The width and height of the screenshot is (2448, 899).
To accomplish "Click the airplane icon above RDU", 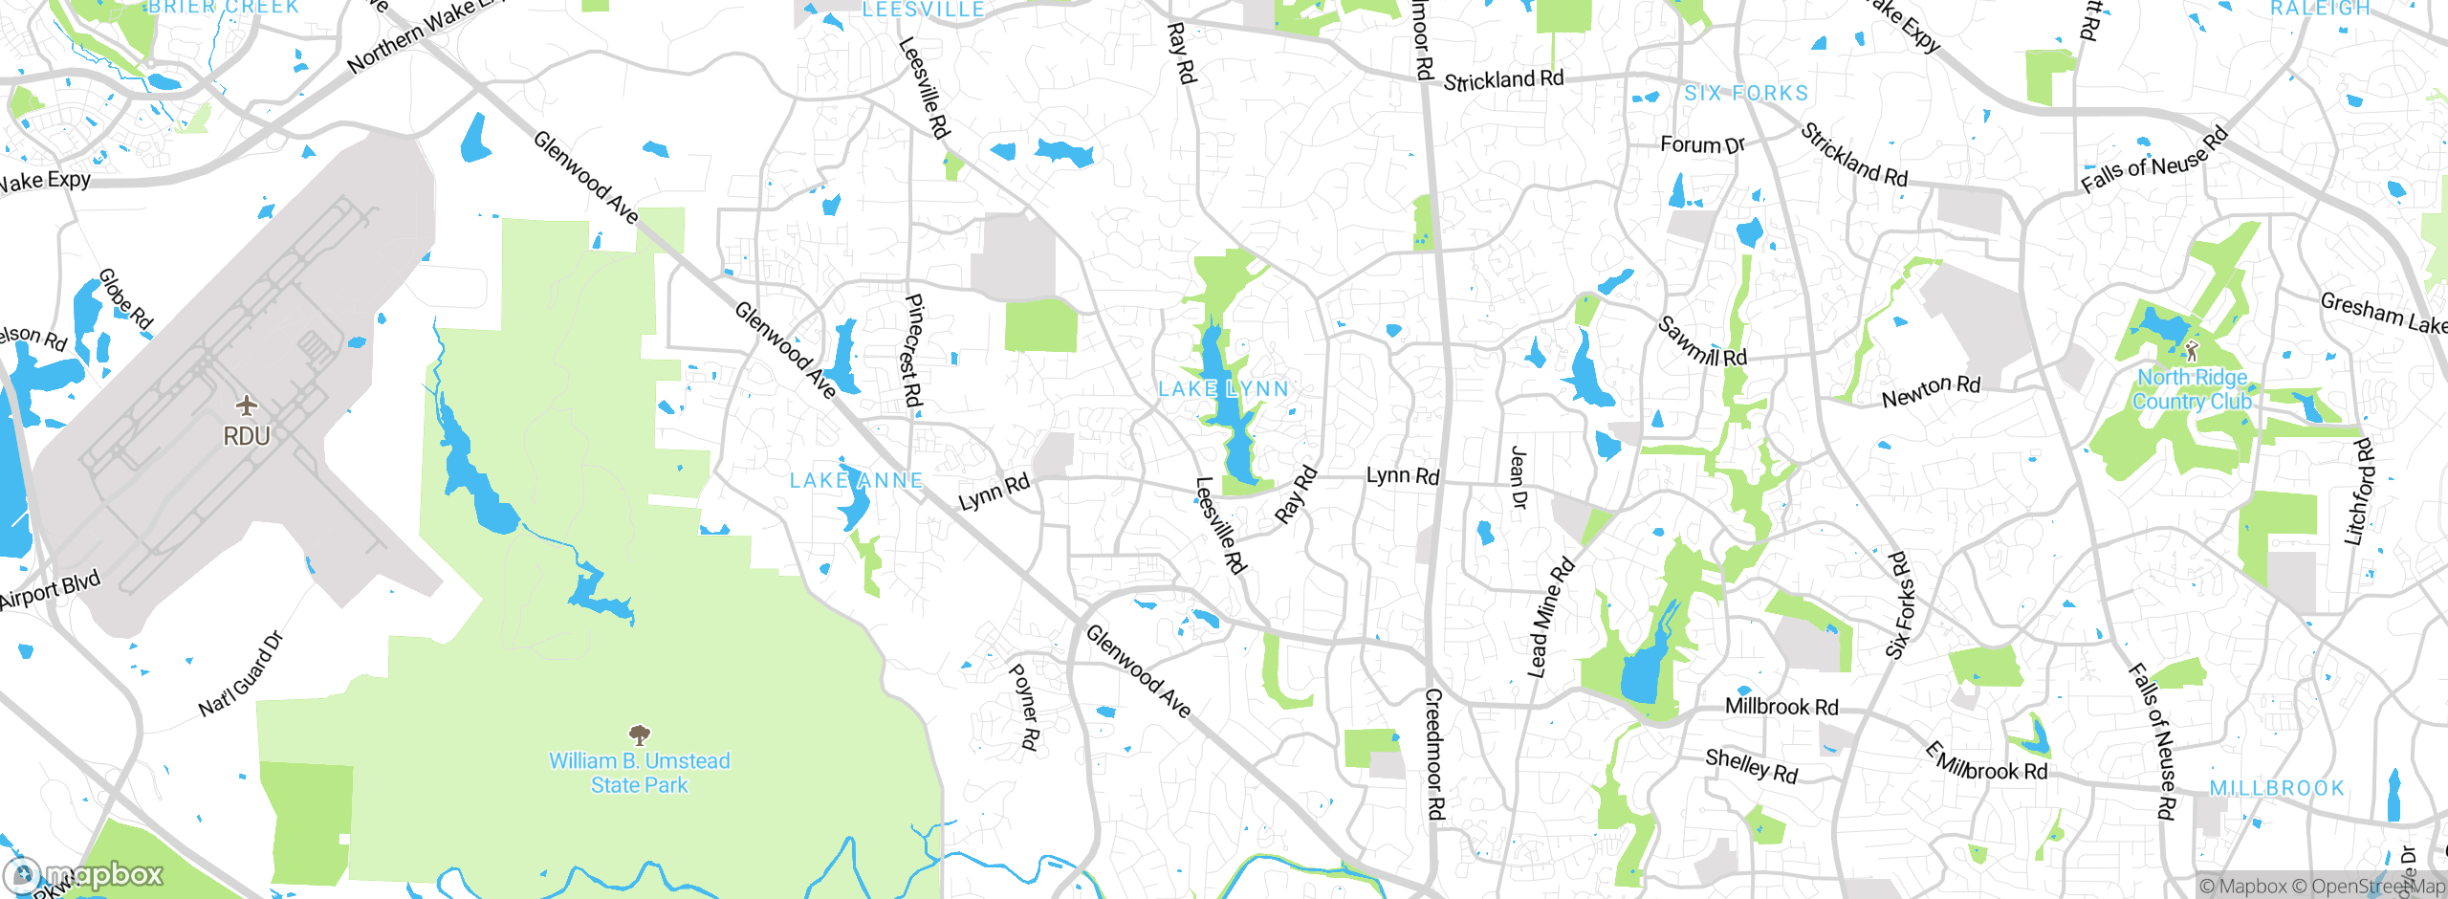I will click(247, 406).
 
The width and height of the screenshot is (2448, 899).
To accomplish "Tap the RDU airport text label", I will click(247, 436).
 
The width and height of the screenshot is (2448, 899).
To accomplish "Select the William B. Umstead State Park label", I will click(639, 773).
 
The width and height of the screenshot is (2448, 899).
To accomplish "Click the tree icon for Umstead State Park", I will click(639, 735).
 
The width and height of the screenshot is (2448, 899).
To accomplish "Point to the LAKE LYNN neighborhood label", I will click(1224, 389).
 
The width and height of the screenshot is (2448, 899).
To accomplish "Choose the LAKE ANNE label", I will click(857, 480).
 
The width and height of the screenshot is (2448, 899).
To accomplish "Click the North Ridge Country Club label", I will click(2192, 389).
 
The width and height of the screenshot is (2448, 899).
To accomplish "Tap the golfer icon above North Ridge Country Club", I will click(2192, 351).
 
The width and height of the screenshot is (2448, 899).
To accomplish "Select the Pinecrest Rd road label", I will click(913, 350).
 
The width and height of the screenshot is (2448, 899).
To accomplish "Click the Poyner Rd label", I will click(1024, 707).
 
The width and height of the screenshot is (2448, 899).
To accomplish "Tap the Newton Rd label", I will click(1931, 390).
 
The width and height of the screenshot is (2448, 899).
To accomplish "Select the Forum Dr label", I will click(1702, 144).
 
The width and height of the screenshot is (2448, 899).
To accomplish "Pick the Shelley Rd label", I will click(1752, 765).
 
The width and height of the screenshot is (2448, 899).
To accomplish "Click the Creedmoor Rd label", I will click(1434, 754).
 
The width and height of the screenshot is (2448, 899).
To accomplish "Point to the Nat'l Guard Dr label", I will click(241, 674).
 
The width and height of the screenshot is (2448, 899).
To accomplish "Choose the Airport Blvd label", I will click(50, 591).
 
